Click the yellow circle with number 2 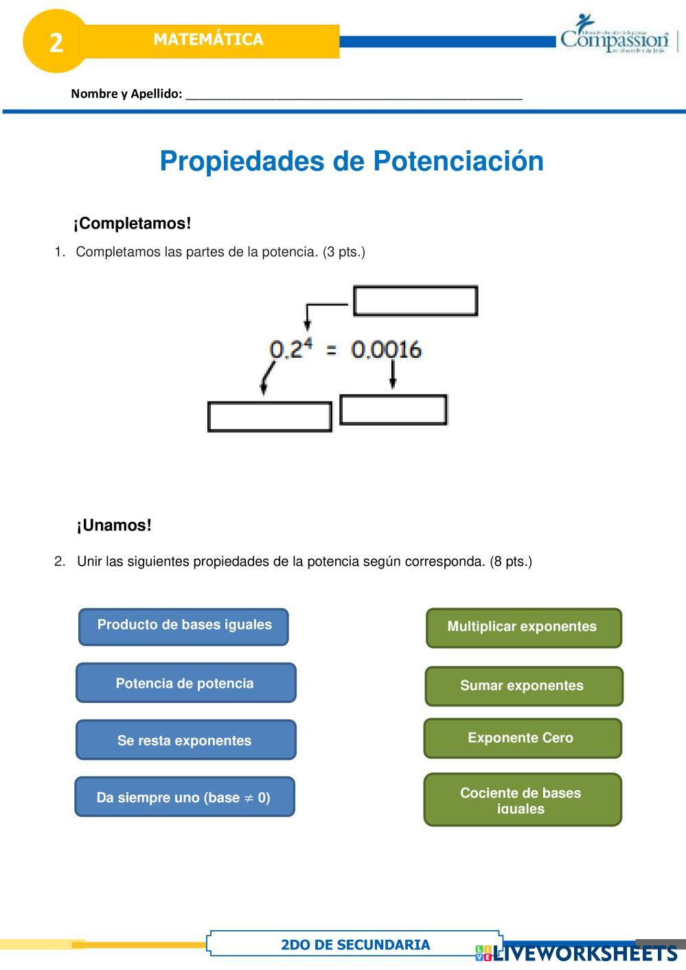click(x=55, y=41)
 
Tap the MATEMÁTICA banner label click(x=208, y=40)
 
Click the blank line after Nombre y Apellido click(x=354, y=94)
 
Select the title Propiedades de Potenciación click(x=352, y=161)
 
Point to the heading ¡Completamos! click(x=132, y=223)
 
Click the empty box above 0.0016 click(x=415, y=301)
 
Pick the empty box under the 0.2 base click(x=269, y=417)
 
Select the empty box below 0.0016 click(x=393, y=410)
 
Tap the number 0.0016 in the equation click(x=386, y=349)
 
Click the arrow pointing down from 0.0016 click(x=392, y=375)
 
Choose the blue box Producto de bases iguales click(x=183, y=626)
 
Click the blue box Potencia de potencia click(x=185, y=683)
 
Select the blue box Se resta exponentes click(x=185, y=740)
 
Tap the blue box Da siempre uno click(x=184, y=797)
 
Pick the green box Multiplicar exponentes click(x=523, y=627)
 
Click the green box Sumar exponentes click(x=523, y=686)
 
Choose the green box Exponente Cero click(x=522, y=738)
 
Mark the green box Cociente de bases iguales click(x=522, y=800)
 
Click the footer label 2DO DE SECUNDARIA click(x=355, y=945)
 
